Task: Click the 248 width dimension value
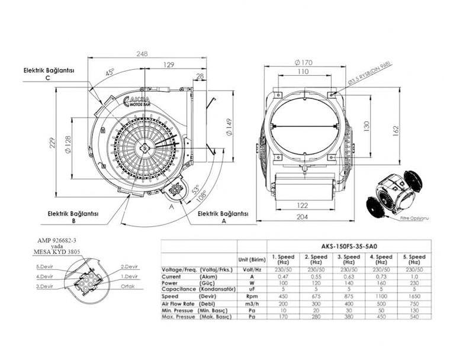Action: (x=142, y=54)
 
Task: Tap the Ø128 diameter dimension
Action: (x=69, y=143)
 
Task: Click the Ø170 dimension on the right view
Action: (x=303, y=61)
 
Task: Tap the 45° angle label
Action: (x=110, y=72)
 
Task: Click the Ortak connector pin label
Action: (x=128, y=285)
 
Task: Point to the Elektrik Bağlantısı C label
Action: (x=48, y=73)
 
